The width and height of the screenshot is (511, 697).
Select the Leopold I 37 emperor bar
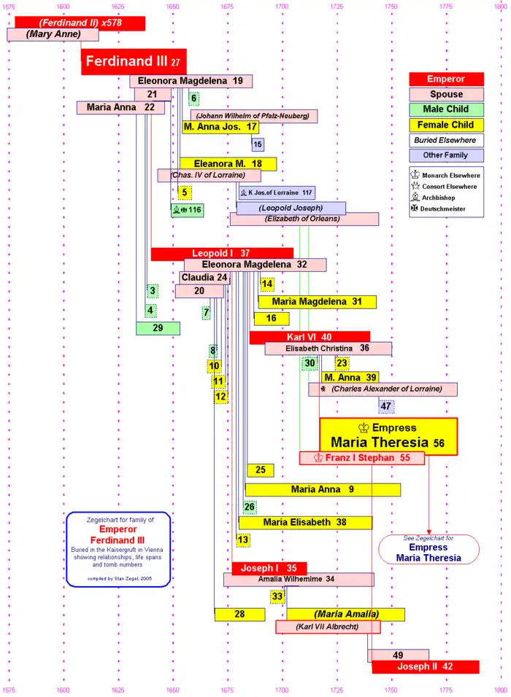(x=222, y=254)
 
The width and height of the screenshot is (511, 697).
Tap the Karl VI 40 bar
(x=310, y=337)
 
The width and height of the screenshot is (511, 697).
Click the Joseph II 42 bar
(x=425, y=666)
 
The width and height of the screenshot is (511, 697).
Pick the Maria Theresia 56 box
(x=388, y=436)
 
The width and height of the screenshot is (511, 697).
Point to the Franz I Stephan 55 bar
(x=362, y=458)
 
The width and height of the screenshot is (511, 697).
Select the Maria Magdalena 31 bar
(x=316, y=302)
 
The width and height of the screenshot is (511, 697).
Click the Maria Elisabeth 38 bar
(x=305, y=522)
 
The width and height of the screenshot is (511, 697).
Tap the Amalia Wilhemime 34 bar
(x=299, y=580)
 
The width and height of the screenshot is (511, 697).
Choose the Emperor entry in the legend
(x=446, y=79)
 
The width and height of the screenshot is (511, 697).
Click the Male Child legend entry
(x=446, y=109)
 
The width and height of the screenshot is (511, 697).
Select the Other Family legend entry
(x=446, y=155)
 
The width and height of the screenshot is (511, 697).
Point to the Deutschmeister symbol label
(x=442, y=209)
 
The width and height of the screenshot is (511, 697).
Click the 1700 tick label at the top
(x=282, y=7)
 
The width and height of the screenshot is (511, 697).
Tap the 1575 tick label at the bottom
(x=8, y=690)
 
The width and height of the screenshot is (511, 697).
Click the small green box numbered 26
(x=250, y=507)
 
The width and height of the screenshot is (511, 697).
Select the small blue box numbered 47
(x=386, y=406)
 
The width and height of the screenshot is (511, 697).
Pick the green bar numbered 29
(x=158, y=328)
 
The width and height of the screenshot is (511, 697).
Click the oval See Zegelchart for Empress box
(x=429, y=548)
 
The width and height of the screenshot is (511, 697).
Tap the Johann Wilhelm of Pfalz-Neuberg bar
(x=254, y=115)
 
